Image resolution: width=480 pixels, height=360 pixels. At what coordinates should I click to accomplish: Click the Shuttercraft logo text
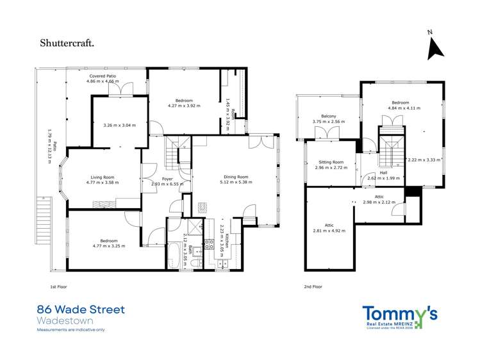[x=68, y=43]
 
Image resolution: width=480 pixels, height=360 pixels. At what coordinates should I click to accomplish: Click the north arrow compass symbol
[x=435, y=47]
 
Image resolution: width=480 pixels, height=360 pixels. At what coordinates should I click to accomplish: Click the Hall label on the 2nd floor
[x=383, y=172]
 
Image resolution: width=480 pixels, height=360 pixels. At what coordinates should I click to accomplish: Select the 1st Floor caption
[x=58, y=287]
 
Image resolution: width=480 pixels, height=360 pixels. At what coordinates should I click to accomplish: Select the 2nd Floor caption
[x=314, y=287]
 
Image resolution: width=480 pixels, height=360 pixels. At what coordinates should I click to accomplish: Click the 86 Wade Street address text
[x=81, y=310]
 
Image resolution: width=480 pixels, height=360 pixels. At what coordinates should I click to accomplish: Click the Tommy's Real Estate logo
[x=400, y=316]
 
